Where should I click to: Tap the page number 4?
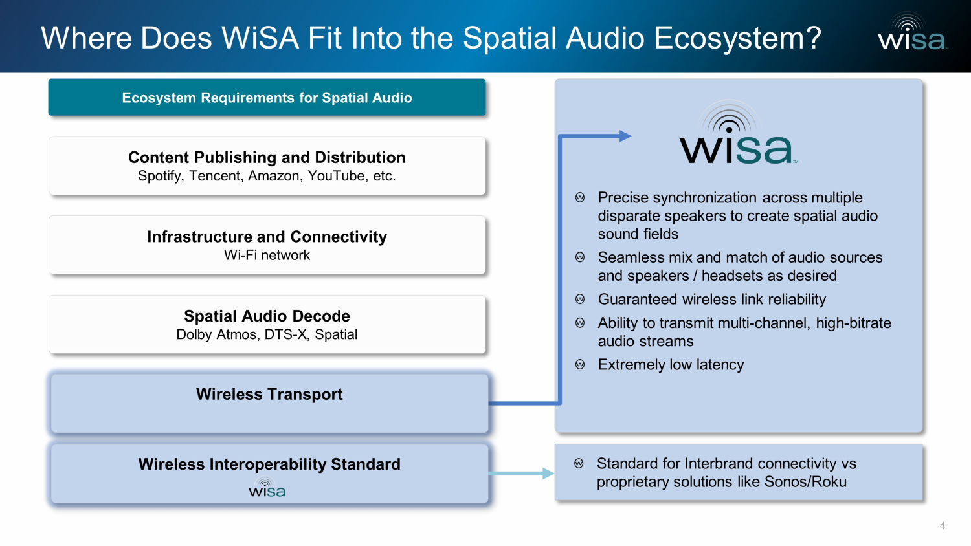(x=942, y=526)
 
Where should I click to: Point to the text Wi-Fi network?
(x=267, y=256)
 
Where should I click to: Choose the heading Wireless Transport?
(x=269, y=394)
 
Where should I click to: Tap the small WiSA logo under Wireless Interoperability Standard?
(x=267, y=489)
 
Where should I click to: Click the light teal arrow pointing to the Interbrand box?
(x=521, y=474)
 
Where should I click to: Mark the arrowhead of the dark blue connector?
(x=625, y=136)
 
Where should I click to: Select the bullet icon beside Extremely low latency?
(x=580, y=365)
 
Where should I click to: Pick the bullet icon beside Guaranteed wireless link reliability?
(x=580, y=300)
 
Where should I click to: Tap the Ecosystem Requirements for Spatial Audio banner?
(x=267, y=98)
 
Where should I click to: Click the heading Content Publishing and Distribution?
(x=267, y=158)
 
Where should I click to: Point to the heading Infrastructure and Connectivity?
(x=267, y=237)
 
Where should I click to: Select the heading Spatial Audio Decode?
(x=267, y=316)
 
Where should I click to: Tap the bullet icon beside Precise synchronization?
(x=580, y=198)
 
